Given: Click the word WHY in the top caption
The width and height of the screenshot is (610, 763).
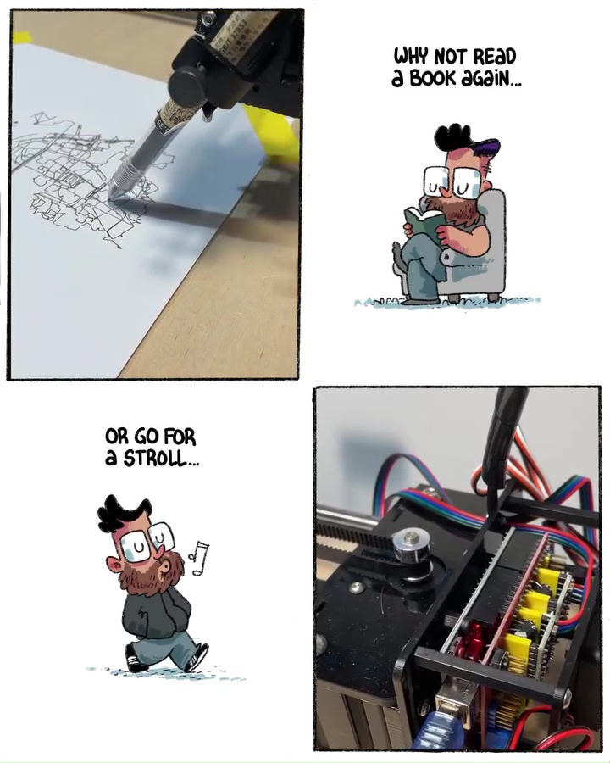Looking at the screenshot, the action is pyautogui.click(x=411, y=56).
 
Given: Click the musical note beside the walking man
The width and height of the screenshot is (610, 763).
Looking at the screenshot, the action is pyautogui.click(x=199, y=557).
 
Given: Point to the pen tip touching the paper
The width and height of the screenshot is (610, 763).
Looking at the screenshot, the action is pyautogui.click(x=110, y=197).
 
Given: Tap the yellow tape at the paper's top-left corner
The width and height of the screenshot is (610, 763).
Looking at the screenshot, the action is pyautogui.click(x=22, y=36).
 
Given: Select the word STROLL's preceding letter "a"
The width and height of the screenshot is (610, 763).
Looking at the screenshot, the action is pyautogui.click(x=111, y=459).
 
